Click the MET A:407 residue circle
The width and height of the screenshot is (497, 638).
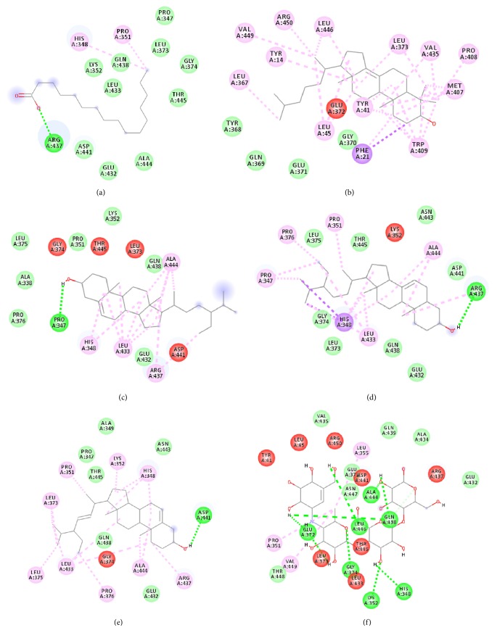click(456, 88)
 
